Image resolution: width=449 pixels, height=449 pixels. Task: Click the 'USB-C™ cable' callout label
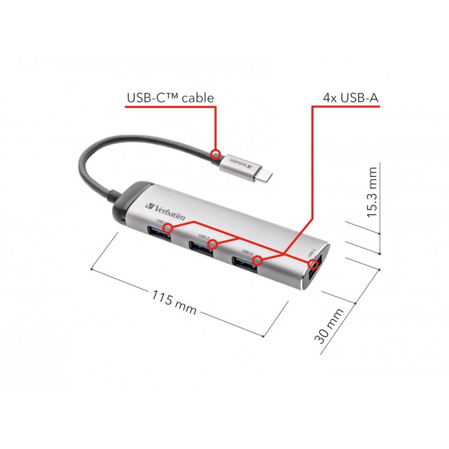[170, 98]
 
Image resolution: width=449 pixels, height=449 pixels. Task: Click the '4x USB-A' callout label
[351, 98]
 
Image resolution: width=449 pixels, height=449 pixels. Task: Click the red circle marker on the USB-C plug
[215, 153]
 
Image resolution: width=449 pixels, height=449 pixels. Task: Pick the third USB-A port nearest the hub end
[246, 263]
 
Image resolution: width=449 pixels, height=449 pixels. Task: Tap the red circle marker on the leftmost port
[167, 228]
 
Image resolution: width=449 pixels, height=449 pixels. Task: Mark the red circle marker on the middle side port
[212, 244]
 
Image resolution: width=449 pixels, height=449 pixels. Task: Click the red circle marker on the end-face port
[313, 263]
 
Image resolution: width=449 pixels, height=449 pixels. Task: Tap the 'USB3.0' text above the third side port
[247, 251]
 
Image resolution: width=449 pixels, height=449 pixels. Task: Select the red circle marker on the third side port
[258, 260]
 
